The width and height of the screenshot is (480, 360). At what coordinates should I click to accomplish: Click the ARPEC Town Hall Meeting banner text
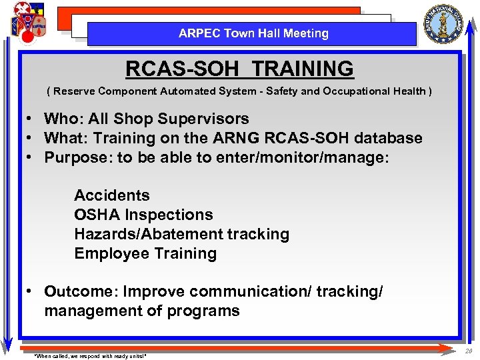pyautogui.click(x=253, y=33)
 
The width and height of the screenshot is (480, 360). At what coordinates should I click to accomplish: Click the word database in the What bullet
pyautogui.click(x=389, y=138)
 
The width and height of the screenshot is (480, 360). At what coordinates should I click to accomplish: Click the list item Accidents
pyautogui.click(x=112, y=195)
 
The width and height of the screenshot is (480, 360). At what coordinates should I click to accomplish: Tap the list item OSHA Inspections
pyautogui.click(x=143, y=215)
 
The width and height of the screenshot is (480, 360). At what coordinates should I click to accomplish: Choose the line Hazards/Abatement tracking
pyautogui.click(x=181, y=234)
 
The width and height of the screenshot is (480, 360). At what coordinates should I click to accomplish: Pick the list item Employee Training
pyautogui.click(x=145, y=253)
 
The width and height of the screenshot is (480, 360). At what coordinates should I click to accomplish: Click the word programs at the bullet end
pyautogui.click(x=206, y=311)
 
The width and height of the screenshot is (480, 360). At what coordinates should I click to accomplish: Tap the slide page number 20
pyautogui.click(x=469, y=351)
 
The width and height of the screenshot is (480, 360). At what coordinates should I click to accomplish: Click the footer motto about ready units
pyautogui.click(x=90, y=356)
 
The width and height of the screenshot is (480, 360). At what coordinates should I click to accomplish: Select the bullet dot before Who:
pyautogui.click(x=31, y=119)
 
